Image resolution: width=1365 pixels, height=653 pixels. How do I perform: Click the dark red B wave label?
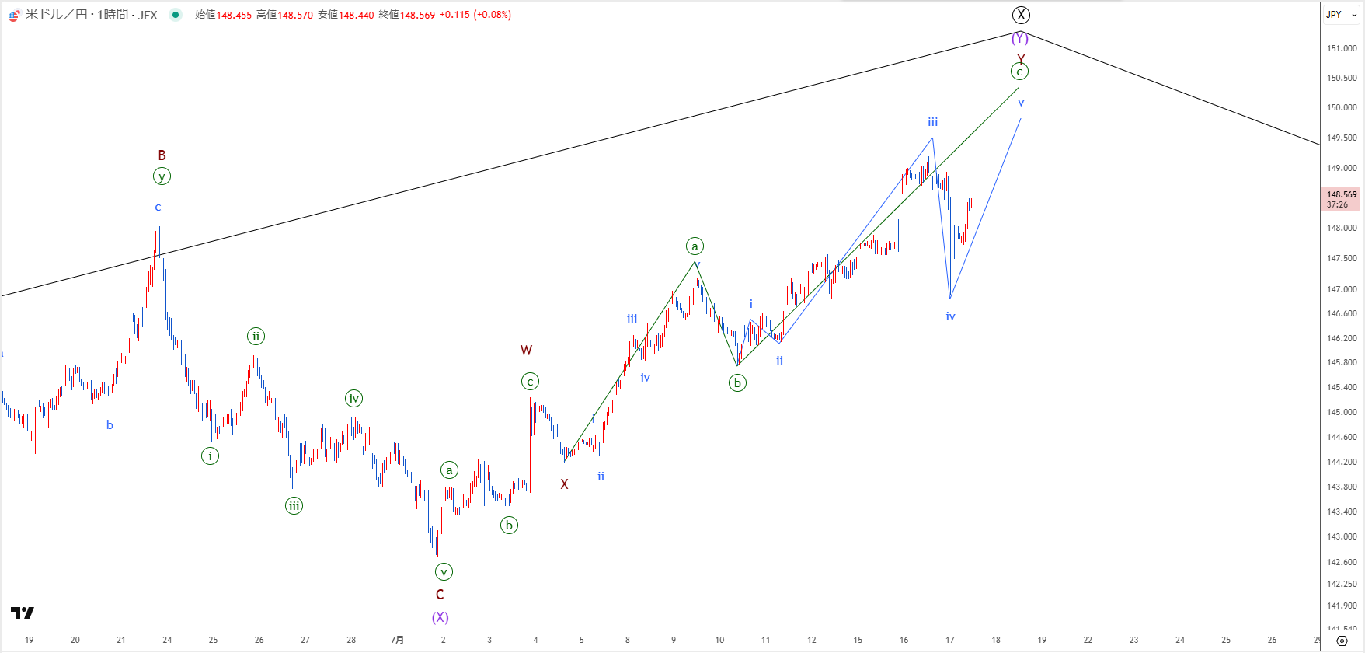162,155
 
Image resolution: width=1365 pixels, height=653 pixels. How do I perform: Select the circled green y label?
162,176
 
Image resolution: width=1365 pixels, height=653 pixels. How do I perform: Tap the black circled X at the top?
1021,15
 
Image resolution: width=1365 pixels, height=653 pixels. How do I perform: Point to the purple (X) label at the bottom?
440,617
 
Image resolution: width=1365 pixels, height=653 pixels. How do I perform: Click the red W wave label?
526,351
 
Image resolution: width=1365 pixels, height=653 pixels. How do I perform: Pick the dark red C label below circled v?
440,595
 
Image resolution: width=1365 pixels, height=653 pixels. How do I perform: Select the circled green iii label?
294,506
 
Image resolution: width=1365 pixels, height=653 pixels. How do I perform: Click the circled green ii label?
256,337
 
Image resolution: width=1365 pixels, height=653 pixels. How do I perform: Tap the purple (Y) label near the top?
1019,38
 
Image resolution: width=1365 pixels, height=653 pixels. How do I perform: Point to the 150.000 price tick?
1342,108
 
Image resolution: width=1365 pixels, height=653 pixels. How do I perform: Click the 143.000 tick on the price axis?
1342,537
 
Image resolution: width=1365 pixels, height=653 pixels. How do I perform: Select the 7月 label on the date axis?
397,640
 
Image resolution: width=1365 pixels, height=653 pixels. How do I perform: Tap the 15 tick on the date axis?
858,640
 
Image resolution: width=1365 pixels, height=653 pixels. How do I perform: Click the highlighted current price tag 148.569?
1342,194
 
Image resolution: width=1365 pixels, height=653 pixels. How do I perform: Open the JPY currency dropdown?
1342,15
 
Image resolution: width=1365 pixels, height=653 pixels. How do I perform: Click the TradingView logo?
23,613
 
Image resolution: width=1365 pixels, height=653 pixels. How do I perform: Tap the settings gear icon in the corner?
1342,641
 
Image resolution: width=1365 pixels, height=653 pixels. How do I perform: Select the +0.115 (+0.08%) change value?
475,15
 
